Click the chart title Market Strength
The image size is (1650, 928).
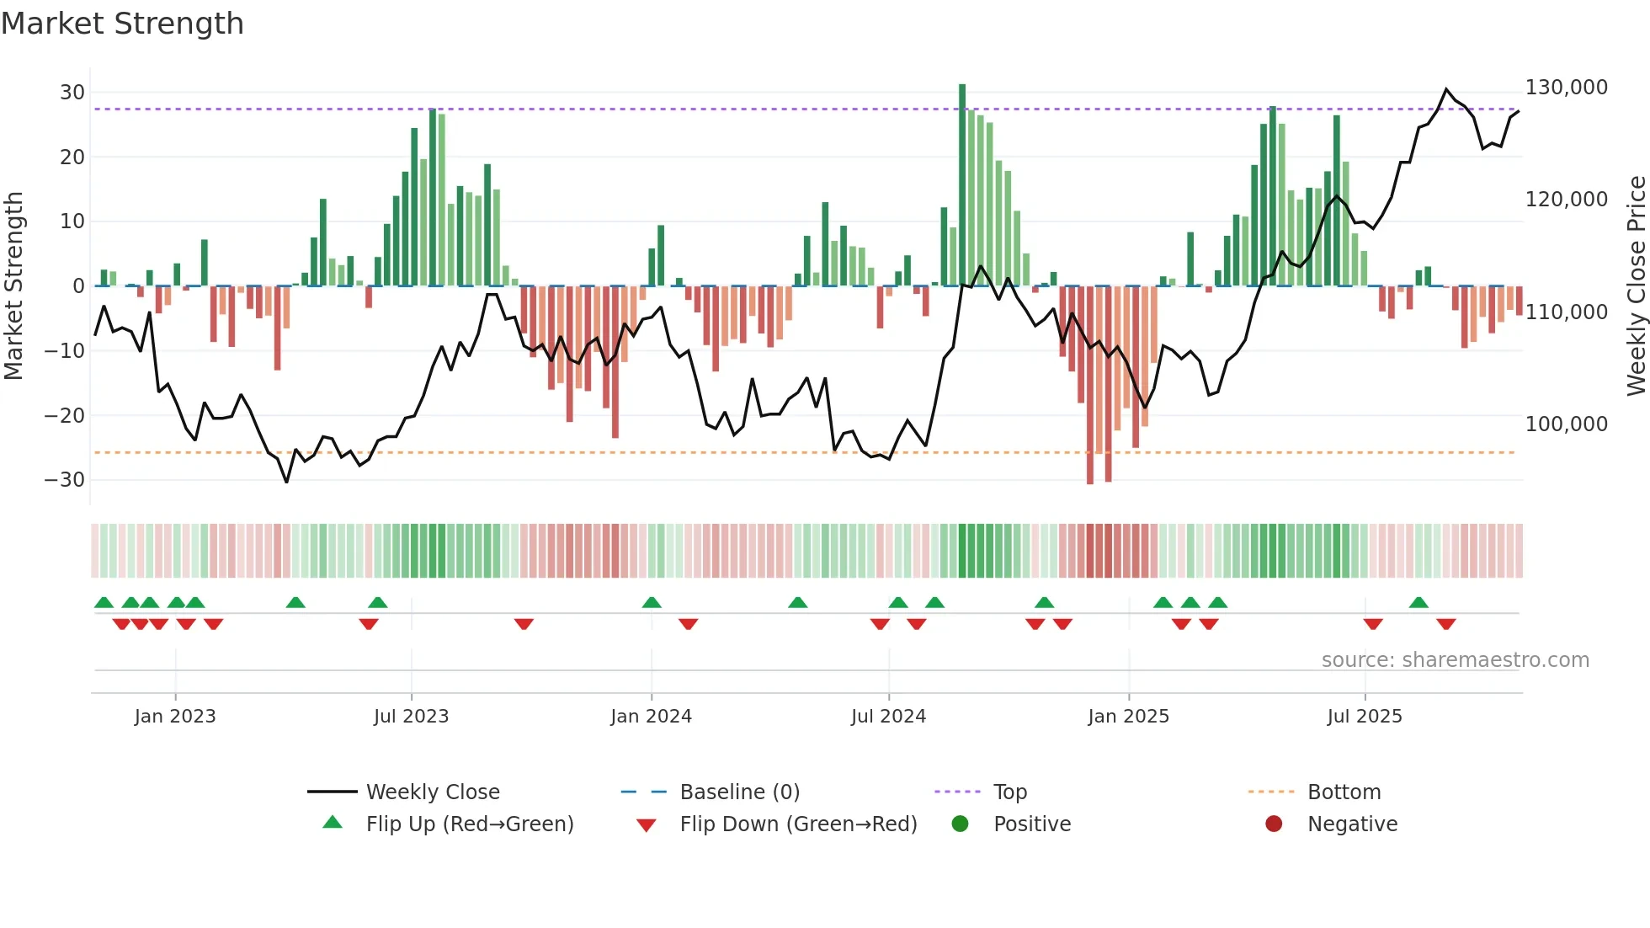point(122,24)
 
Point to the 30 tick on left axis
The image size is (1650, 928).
point(72,93)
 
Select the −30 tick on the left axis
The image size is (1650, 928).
point(65,480)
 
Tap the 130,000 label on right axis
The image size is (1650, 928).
point(1566,88)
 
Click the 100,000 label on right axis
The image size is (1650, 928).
point(1566,424)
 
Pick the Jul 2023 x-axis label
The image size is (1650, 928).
point(411,717)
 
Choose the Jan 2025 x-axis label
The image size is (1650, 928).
point(1128,717)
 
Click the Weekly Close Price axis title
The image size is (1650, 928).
point(1636,286)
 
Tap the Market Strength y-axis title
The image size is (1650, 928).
point(14,286)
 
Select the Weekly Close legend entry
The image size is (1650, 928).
point(433,792)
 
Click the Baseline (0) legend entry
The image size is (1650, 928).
point(739,792)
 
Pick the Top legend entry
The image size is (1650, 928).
point(1009,792)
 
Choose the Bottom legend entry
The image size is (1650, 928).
point(1344,792)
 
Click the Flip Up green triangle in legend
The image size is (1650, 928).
point(333,823)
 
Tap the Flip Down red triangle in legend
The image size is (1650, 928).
point(646,825)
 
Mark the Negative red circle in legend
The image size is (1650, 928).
point(1274,824)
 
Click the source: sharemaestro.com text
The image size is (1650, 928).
point(1455,660)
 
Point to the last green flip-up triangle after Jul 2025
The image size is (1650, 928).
point(1418,603)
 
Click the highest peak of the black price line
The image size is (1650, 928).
point(1446,89)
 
